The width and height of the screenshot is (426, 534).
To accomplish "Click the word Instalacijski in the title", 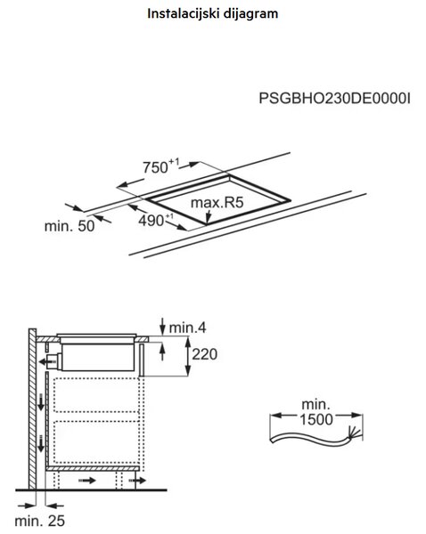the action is click(184, 13).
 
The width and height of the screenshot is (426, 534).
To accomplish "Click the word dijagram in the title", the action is click(251, 13).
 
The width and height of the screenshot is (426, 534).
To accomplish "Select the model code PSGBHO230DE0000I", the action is click(334, 99).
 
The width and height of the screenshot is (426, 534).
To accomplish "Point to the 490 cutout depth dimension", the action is click(156, 220).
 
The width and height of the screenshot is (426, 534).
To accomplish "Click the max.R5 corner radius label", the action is click(217, 202).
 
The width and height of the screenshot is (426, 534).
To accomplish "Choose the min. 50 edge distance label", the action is click(70, 226).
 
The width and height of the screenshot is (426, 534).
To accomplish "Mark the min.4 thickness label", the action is click(187, 328).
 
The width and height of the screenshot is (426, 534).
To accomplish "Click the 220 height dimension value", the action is click(205, 354).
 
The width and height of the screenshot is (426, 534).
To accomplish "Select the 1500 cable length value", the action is click(316, 419).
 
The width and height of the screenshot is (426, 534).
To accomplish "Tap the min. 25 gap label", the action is click(39, 521).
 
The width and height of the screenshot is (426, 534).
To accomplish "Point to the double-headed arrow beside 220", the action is click(187, 356).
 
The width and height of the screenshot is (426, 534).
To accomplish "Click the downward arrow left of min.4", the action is click(163, 326).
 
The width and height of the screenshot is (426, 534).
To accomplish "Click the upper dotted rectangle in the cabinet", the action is click(96, 394).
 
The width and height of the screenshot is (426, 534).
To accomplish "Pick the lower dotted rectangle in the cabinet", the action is click(96, 441).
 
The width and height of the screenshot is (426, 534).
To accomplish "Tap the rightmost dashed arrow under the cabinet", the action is click(137, 481).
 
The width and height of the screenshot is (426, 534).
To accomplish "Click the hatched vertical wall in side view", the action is click(32, 409).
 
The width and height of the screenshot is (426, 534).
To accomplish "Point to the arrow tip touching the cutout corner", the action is click(207, 223).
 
